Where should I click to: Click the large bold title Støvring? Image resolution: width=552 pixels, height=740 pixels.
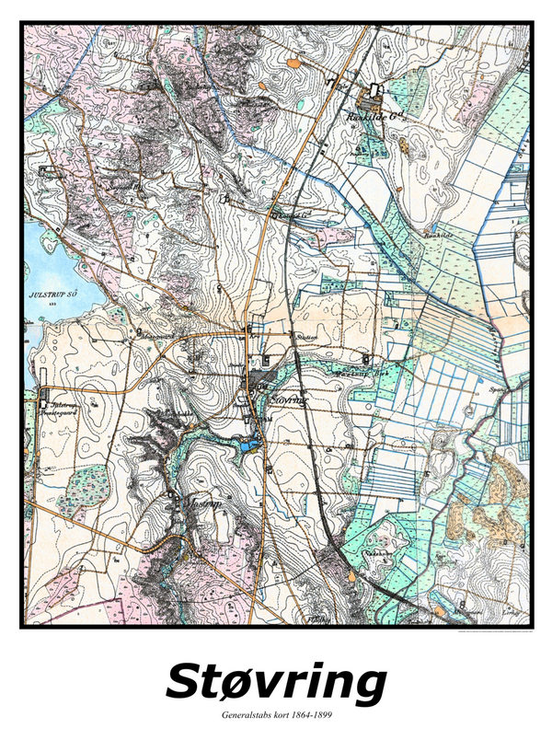pyautogui.click(x=276, y=683)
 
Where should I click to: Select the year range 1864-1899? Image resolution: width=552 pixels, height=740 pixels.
pyautogui.click(x=309, y=715)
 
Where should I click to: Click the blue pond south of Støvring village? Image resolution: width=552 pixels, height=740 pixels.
pyautogui.click(x=246, y=446)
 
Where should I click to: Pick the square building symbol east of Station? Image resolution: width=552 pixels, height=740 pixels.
pyautogui.click(x=366, y=358)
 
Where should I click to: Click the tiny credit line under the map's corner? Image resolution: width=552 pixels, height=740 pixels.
pyautogui.click(x=488, y=633)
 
